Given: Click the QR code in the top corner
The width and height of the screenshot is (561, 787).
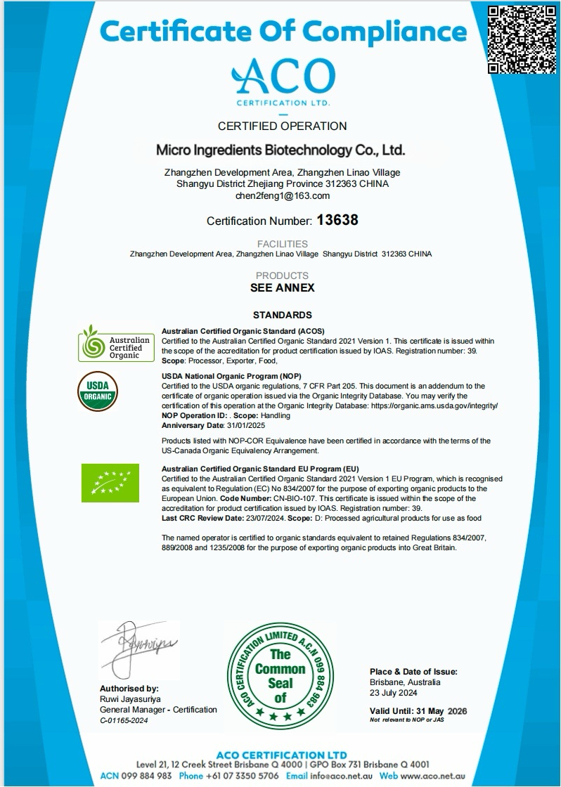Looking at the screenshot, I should pos(522,39).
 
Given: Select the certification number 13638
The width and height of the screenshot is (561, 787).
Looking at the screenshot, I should pos(337,220).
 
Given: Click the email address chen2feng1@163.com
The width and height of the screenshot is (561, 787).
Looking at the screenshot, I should pos(282,195).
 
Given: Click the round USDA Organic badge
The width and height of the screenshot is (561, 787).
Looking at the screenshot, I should pos(97,391).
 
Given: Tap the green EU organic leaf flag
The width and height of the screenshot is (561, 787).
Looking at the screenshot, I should pos(106,483).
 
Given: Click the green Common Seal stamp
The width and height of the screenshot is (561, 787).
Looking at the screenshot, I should pos(280,677).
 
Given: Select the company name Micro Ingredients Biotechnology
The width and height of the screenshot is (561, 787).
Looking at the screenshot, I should pos(280,150).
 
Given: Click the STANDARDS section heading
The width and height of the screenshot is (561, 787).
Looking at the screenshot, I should pos(282,315).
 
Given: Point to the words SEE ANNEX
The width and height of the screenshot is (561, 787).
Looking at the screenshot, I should pos(282,287).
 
